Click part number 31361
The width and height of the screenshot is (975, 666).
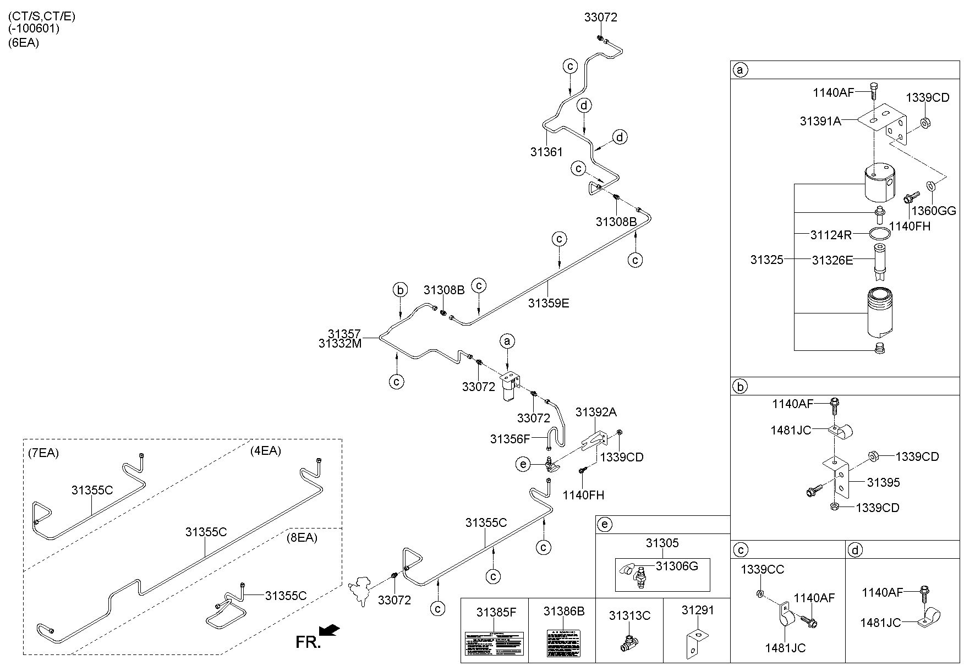coord(546,152)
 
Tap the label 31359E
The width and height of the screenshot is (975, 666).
coord(549,303)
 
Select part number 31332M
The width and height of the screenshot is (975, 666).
coord(340,343)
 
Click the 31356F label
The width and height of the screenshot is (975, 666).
coord(510,439)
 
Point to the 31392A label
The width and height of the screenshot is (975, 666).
coord(596,412)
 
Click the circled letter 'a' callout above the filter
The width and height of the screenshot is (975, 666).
coord(507,342)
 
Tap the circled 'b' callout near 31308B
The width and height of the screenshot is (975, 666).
coord(401,289)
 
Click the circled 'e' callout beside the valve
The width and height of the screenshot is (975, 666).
coord(523,465)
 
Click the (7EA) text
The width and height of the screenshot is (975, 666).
coord(43,453)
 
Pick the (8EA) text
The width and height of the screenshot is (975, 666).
coord(302,537)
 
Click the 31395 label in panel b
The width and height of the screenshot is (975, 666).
coord(883,482)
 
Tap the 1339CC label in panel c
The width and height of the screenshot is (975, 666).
coord(762,569)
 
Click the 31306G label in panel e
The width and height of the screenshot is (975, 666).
coord(677,566)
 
